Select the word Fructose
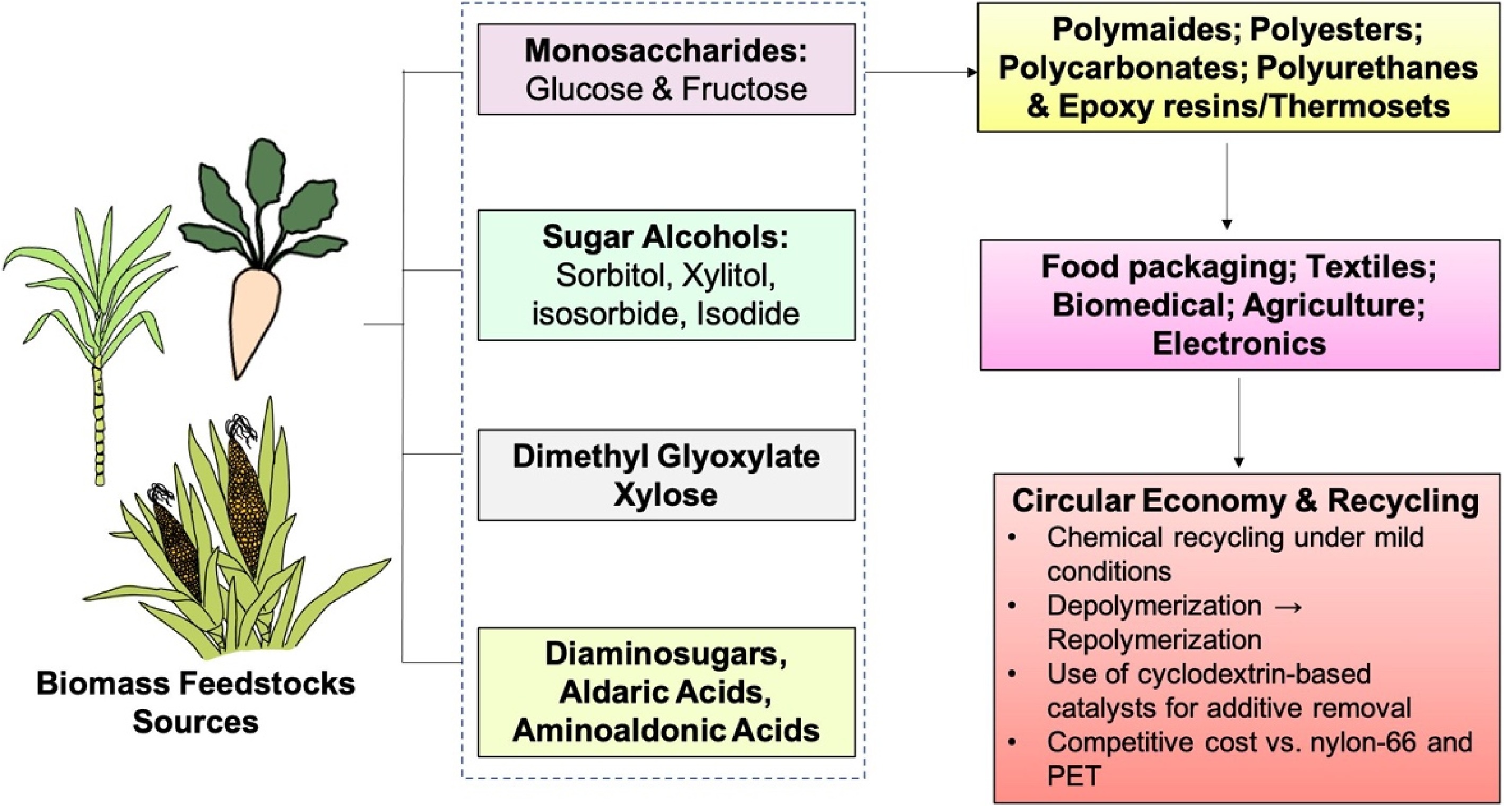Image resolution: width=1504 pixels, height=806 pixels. point(744,89)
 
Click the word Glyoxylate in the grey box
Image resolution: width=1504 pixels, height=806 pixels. point(738,457)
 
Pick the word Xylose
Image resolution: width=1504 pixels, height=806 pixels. point(666,495)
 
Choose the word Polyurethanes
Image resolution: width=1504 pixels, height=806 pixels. point(1366,68)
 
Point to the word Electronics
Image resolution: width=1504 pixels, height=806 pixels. point(1239,343)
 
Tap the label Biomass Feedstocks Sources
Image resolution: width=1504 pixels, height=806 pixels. point(196,702)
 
